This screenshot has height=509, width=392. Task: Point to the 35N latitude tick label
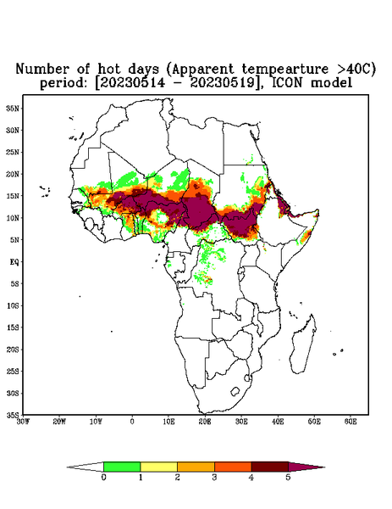[x=13, y=109]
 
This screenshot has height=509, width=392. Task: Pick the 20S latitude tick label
[x=13, y=350]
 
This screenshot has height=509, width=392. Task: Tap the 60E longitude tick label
[x=351, y=422]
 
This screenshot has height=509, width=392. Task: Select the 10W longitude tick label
[x=96, y=422]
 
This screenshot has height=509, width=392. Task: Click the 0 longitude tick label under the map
[x=132, y=422]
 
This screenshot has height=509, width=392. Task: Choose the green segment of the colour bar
[x=122, y=467]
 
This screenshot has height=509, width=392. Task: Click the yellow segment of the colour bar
[x=158, y=467]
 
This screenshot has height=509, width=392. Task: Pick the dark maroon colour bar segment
[x=270, y=467]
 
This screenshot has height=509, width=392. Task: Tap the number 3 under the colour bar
[x=214, y=478]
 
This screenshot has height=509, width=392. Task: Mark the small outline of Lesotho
[x=235, y=391]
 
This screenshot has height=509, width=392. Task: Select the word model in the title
[x=331, y=83]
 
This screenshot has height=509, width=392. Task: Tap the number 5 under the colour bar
[x=289, y=478]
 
